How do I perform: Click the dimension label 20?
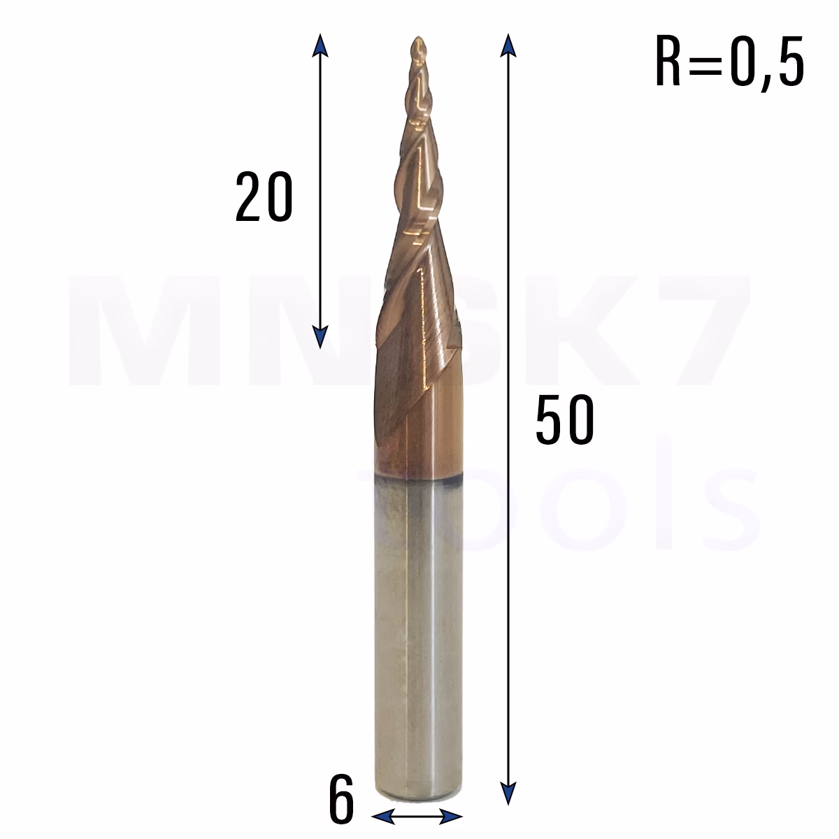tap(264, 196)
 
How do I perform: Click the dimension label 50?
tap(565, 419)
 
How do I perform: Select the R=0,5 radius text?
tap(730, 62)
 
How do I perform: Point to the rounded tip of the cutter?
tap(419, 41)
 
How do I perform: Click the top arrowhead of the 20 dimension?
tap(320, 45)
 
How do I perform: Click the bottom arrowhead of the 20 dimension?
tap(320, 338)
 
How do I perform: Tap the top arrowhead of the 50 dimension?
tap(508, 45)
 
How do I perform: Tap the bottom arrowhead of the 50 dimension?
tap(508, 794)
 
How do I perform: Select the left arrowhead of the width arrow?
tap(383, 817)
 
